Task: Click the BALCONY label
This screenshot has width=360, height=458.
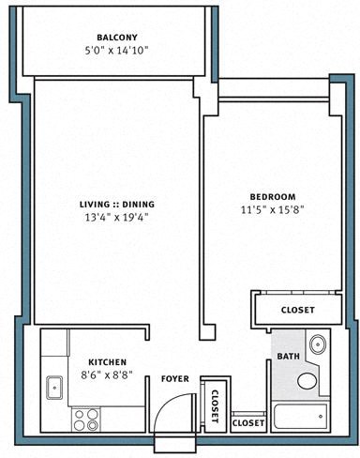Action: coord(116,38)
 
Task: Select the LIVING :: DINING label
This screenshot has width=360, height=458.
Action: coord(116,204)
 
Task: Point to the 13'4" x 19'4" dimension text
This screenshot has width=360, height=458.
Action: coord(116,217)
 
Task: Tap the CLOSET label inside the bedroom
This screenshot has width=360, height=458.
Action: coord(298,310)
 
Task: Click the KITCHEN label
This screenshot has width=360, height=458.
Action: coord(108,361)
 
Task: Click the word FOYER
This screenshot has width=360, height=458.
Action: coord(175,379)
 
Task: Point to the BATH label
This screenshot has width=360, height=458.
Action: coord(287,357)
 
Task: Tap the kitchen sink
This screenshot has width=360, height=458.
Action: coord(54,385)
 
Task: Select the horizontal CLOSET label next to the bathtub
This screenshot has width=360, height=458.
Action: coord(247,423)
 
